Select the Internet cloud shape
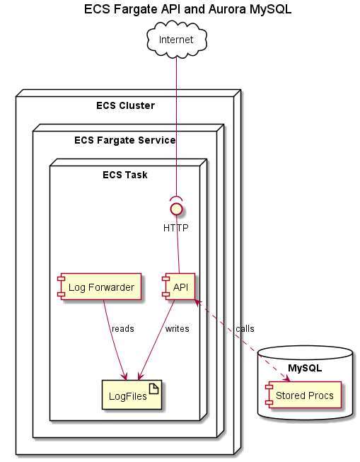coord(177,40)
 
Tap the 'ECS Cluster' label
coord(125,106)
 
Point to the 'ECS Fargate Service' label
coord(124,140)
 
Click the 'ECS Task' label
coord(124,175)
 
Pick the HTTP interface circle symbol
coord(177,209)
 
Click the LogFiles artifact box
coord(132,395)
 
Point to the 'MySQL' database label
coord(305,368)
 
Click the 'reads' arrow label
coord(122,329)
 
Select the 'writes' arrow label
coord(177,329)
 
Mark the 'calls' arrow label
coord(245,329)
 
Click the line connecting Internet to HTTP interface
coord(177,127)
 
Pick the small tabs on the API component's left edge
coord(165,286)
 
